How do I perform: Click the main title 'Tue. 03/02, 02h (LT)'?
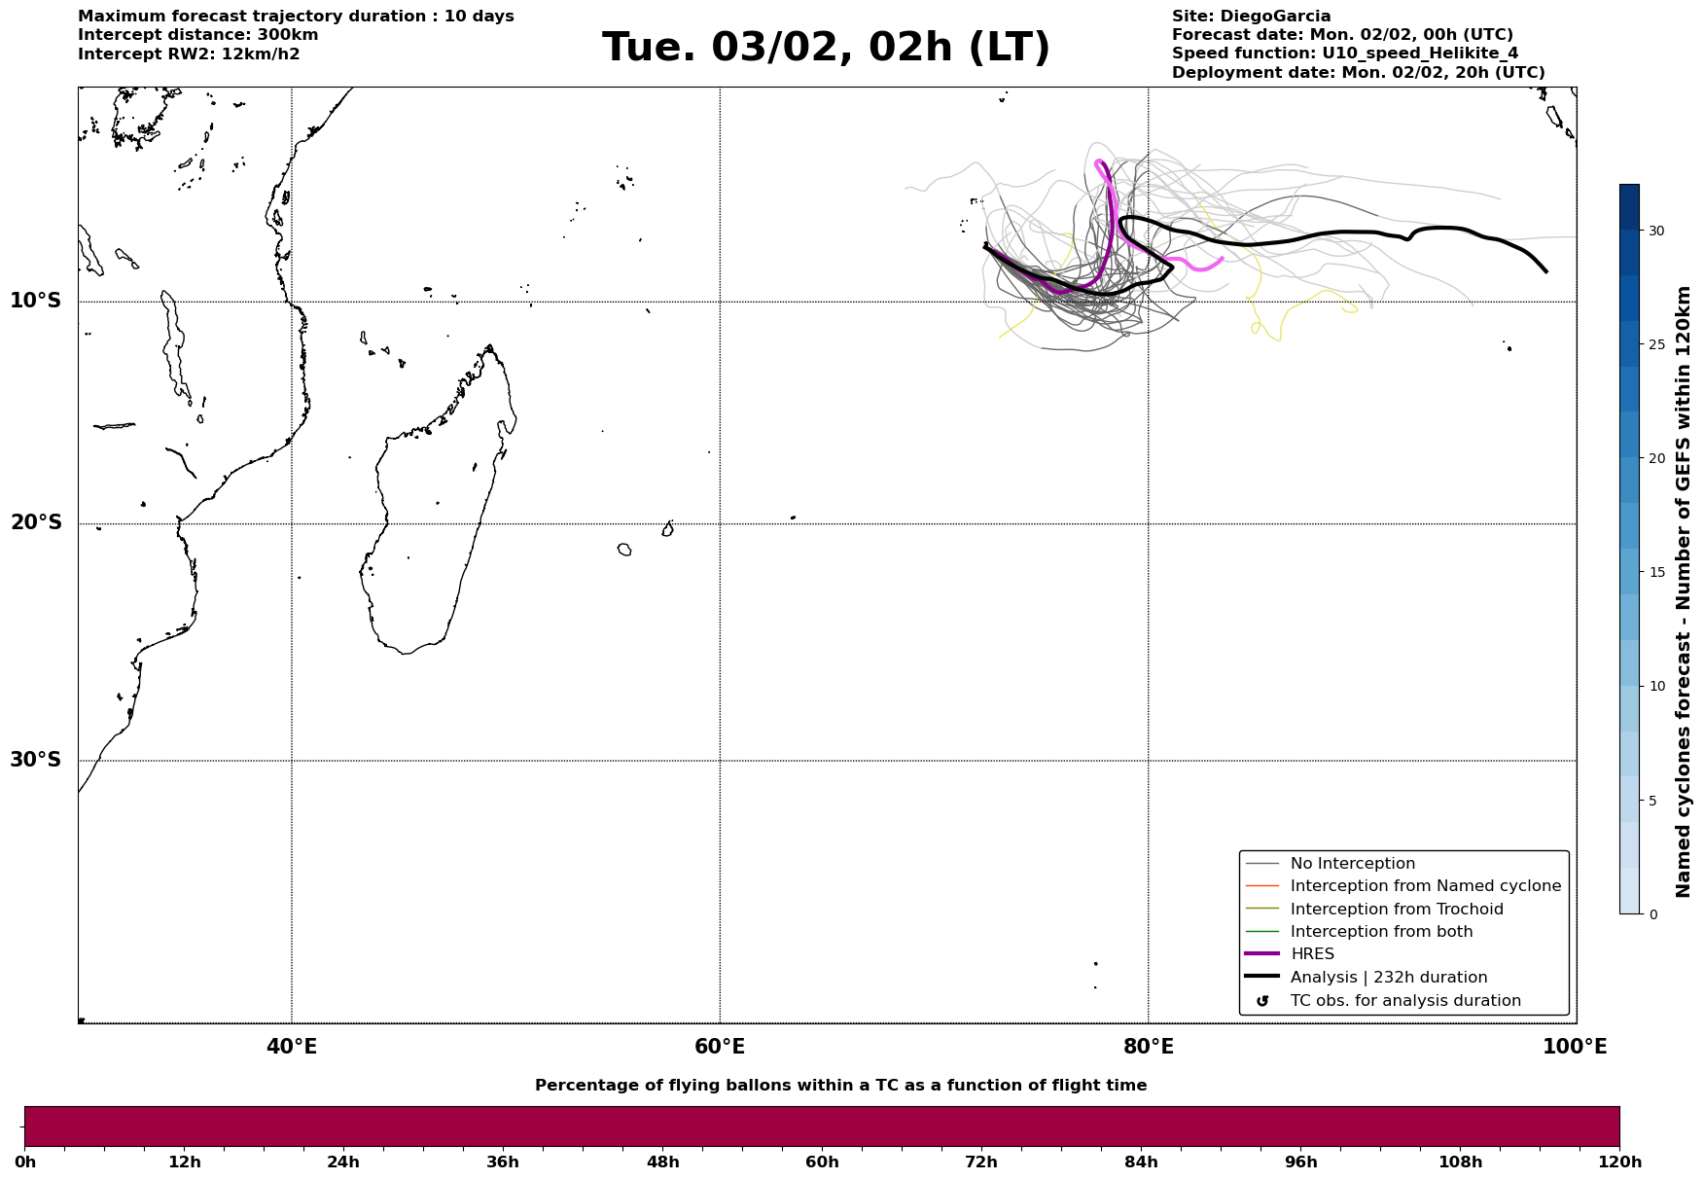826,48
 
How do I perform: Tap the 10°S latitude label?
36,301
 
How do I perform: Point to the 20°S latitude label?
36,523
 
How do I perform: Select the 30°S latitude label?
36,760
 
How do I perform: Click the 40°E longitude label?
292,1047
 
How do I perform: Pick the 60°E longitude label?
720,1047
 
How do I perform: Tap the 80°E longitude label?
1148,1047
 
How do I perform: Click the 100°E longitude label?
1574,1047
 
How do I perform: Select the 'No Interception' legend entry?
1352,864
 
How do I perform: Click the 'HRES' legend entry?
1312,954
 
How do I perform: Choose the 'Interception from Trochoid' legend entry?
1396,910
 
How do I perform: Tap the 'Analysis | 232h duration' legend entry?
1388,978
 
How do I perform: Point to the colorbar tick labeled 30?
1655,231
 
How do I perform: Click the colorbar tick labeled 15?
1655,572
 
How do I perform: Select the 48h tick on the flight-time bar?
662,1162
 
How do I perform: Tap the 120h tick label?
1619,1162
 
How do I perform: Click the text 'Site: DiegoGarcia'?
1251,17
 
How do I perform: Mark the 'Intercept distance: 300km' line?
197,35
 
